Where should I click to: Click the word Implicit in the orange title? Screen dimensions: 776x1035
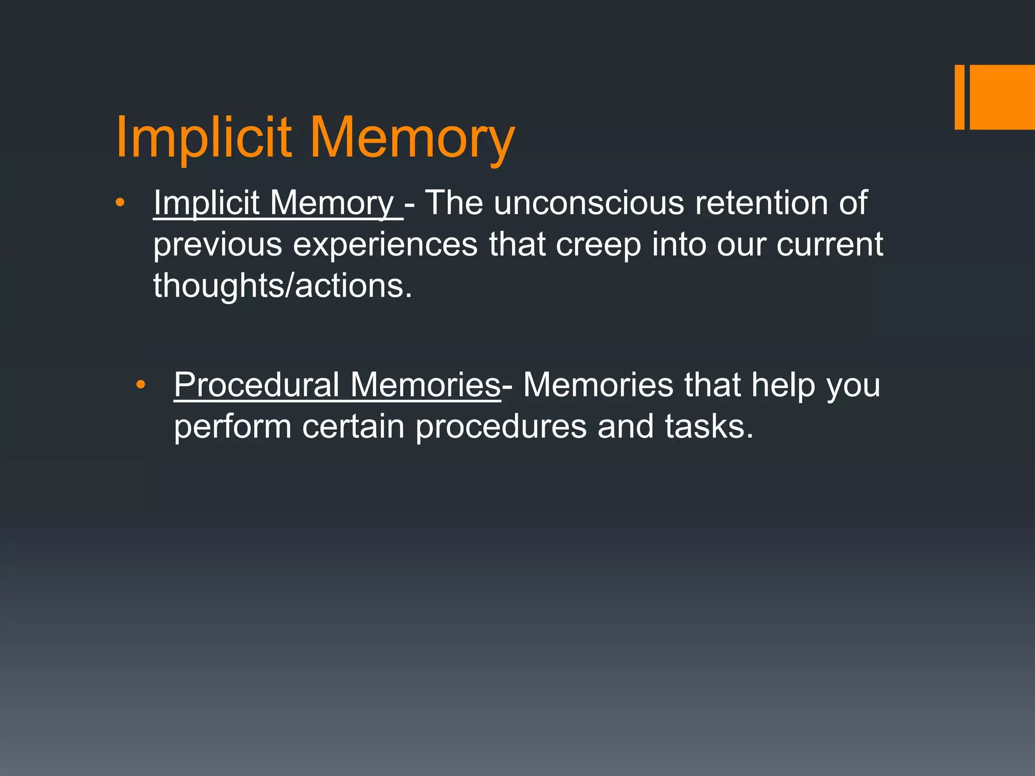204,137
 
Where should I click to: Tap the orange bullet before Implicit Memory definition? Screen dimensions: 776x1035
119,203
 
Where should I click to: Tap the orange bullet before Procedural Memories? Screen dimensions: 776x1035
140,385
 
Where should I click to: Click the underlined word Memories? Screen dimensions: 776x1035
425,385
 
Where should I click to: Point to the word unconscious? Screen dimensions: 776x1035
589,203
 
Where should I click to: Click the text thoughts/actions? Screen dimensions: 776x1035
283,286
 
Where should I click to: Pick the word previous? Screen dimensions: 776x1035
218,245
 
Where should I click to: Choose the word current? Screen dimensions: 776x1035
829,245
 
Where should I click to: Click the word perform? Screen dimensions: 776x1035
232,427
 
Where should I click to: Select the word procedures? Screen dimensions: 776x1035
501,427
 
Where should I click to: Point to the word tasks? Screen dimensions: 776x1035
709,426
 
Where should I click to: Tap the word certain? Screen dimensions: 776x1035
353,426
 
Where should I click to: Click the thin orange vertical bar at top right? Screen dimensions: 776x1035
959,97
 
